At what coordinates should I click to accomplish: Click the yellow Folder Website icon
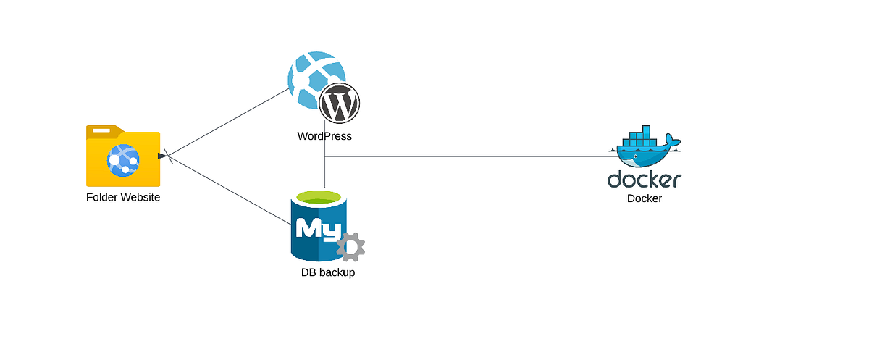123,156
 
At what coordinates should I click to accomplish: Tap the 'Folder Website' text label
123,197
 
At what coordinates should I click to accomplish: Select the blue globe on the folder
123,161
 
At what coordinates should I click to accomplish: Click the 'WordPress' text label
324,136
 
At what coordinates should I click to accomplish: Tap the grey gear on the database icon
351,246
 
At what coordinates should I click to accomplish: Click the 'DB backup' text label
328,273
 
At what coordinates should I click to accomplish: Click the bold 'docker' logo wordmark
645,180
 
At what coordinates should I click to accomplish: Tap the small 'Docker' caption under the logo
645,198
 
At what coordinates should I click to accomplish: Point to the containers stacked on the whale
640,136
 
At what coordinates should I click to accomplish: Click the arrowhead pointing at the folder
162,155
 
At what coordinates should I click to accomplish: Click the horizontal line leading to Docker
471,156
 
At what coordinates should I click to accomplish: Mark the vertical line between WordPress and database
324,170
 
